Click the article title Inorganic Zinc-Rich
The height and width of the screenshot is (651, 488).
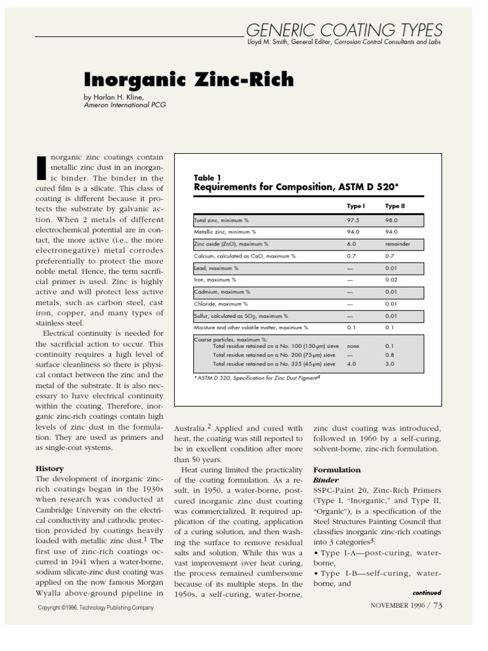click(189, 80)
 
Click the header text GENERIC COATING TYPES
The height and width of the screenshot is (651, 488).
click(343, 29)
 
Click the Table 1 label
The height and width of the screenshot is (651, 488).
click(208, 177)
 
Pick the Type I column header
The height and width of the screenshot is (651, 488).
click(355, 206)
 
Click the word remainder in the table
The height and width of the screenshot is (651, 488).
click(398, 243)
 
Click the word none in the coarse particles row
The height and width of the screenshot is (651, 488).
click(353, 346)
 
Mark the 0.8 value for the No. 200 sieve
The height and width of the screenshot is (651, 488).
click(390, 355)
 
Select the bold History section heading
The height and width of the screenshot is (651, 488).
click(50, 469)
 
